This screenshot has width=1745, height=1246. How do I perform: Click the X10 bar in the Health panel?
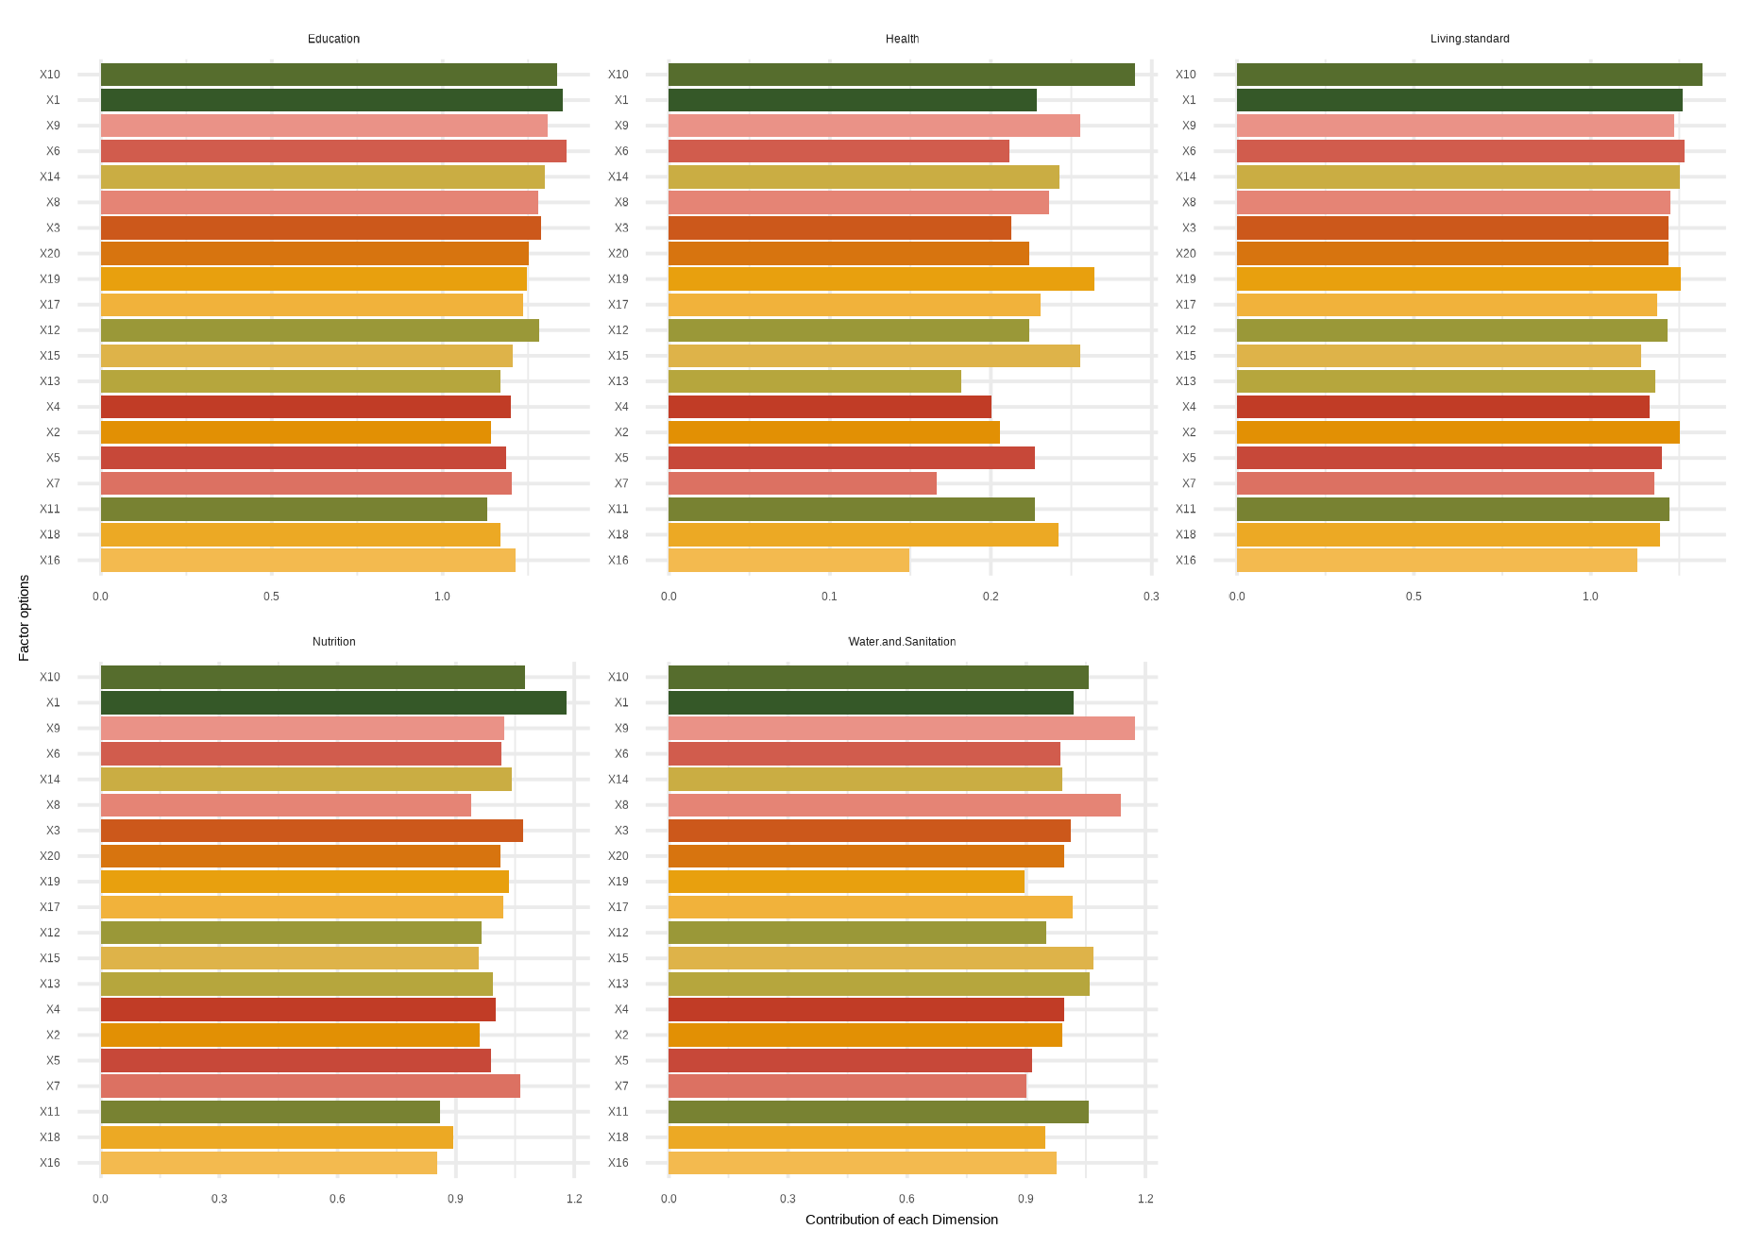[x=901, y=75]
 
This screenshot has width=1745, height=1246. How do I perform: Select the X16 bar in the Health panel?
[x=788, y=561]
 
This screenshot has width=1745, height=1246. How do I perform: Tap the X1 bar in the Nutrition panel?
[x=333, y=703]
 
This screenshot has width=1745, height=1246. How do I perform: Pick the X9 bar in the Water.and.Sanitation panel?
[x=901, y=729]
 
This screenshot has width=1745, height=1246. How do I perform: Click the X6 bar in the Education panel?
[x=333, y=151]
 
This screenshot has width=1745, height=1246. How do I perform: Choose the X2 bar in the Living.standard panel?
[x=1458, y=432]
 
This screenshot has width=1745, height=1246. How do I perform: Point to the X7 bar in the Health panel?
[x=803, y=483]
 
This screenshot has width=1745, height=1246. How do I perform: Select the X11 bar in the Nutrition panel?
[x=270, y=1112]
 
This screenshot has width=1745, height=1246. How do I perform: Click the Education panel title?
[x=333, y=39]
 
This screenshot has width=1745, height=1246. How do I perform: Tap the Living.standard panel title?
[x=1469, y=39]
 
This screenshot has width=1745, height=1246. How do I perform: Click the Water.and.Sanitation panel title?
[x=902, y=642]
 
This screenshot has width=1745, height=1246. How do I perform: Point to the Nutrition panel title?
[x=333, y=642]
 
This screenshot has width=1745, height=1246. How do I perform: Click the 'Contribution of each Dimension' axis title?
[x=901, y=1220]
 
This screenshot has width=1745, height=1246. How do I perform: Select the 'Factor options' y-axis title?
[x=25, y=618]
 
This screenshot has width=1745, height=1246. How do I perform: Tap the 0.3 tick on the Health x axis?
[x=1151, y=597]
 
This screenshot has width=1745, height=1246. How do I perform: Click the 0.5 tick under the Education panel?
[x=271, y=597]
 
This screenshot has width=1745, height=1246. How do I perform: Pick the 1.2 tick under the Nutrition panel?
[x=574, y=1199]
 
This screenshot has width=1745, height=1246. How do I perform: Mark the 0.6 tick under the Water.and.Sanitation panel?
[x=906, y=1199]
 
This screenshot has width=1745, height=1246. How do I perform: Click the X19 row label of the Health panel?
[x=618, y=279]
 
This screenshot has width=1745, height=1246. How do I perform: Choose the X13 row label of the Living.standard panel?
[x=1185, y=381]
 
